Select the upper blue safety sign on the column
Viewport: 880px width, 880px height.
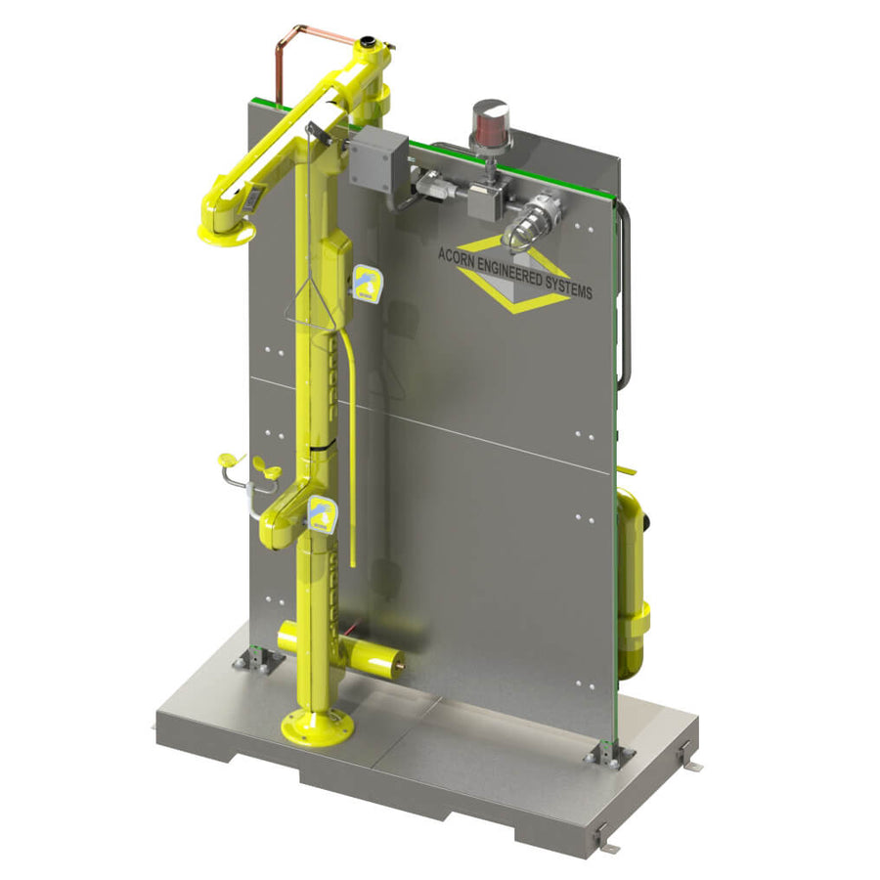click(x=367, y=283)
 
